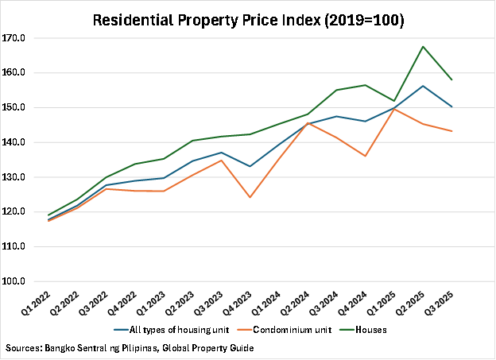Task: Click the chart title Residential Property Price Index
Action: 248,21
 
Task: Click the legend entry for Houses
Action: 370,329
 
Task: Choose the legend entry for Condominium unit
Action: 287,329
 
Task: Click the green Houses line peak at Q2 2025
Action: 422,46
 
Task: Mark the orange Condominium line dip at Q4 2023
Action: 250,197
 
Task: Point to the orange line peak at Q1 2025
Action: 393,109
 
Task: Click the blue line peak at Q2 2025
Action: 422,86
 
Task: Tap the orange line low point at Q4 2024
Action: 365,156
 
